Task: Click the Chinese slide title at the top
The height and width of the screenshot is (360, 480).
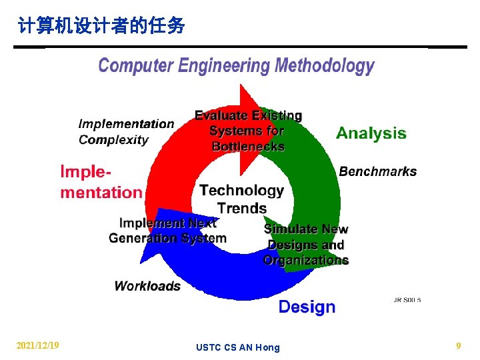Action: point(102,27)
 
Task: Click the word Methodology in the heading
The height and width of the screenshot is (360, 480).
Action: point(325,66)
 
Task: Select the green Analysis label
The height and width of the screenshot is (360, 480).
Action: point(371,133)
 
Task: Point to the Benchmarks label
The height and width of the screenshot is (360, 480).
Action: point(377,171)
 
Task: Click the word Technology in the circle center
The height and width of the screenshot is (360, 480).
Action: point(241,191)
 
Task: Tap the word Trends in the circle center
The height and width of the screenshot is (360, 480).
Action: point(241,208)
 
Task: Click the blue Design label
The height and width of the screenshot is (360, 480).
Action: point(307,307)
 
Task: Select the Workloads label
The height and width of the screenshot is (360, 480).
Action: point(147,286)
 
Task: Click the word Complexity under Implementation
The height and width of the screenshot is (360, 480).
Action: point(113,140)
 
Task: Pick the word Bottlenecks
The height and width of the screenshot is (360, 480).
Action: point(248,147)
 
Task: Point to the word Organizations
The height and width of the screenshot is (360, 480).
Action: point(306,261)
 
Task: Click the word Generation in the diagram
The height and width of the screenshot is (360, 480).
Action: point(143,238)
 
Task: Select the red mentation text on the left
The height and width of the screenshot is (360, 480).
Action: point(101,193)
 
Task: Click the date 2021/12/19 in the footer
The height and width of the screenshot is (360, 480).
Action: point(38,345)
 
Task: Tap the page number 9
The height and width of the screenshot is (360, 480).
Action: point(458,345)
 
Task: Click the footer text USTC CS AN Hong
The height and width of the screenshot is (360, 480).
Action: point(238,347)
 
